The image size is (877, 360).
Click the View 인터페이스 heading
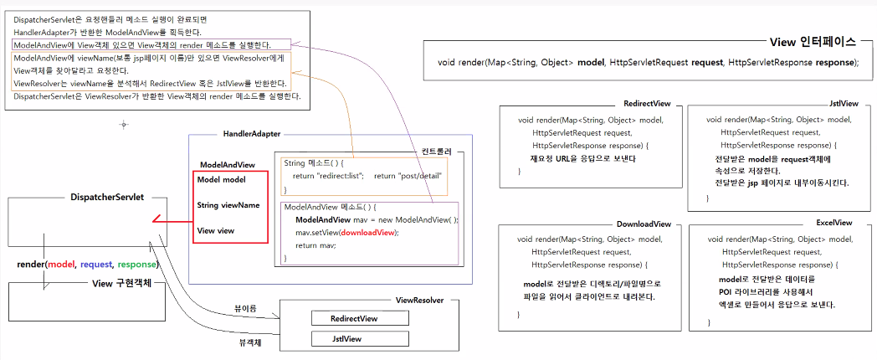pos(812,41)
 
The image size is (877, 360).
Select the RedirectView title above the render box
pos(647,103)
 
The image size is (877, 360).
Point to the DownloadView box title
pos(644,224)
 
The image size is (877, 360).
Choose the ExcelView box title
pos(833,223)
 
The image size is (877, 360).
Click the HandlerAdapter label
pos(251,134)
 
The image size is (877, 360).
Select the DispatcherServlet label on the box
pos(107,197)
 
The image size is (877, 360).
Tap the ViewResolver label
pos(419,300)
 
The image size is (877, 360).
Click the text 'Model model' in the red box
pos(222,179)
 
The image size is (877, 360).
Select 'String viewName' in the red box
pos(228,205)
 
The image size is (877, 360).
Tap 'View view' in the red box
pos(217,230)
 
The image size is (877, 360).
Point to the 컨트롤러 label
pos(436,152)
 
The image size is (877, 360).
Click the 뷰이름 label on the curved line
pos(246,308)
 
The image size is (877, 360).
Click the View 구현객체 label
pos(121,283)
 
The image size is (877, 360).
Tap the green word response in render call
pos(136,265)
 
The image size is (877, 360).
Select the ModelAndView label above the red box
pos(227,165)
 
